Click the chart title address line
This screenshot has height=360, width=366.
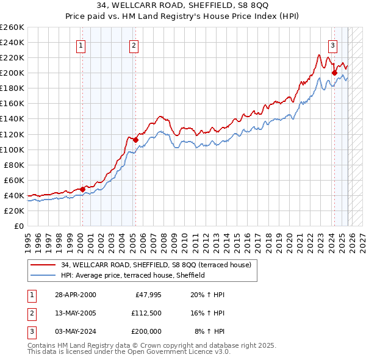pos(183,5)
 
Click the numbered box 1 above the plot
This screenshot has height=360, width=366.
pos(81,45)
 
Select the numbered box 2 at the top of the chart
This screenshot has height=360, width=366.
pos(134,45)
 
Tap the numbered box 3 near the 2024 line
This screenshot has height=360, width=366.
pos(332,45)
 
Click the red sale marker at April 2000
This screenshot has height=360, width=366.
pos(83,189)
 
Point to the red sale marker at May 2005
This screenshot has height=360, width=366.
pos(135,140)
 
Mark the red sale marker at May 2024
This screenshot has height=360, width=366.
pos(334,73)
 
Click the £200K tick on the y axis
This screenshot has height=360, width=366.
pos(12,73)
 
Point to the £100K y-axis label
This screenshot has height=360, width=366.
pos(12,149)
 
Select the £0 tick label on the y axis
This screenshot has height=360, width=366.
pos(18,226)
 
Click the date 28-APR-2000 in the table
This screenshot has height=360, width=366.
pos(75,295)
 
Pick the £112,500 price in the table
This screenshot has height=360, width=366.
pos(146,313)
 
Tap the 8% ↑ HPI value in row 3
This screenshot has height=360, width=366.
pos(209,331)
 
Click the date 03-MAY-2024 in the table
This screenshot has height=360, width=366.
pos(75,331)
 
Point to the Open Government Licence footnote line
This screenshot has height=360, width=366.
pos(129,352)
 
